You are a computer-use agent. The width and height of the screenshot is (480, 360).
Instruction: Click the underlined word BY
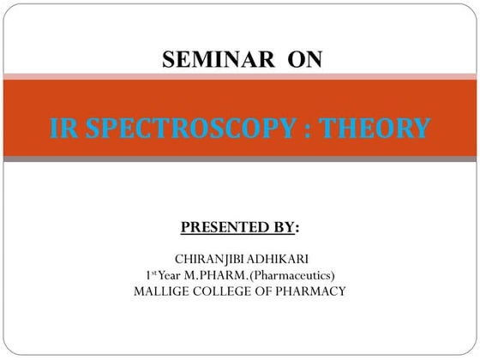click(x=284, y=228)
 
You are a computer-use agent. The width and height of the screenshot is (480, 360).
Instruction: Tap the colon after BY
click(x=297, y=229)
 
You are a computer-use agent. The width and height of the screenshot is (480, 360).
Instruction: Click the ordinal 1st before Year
click(x=153, y=274)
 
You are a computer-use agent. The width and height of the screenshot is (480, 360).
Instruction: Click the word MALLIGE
click(x=163, y=291)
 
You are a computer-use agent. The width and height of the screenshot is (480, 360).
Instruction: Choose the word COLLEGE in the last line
click(x=225, y=291)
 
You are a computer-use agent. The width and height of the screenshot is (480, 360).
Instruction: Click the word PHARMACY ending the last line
click(x=313, y=291)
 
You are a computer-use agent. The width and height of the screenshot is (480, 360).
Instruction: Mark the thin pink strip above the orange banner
click(x=240, y=77)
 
